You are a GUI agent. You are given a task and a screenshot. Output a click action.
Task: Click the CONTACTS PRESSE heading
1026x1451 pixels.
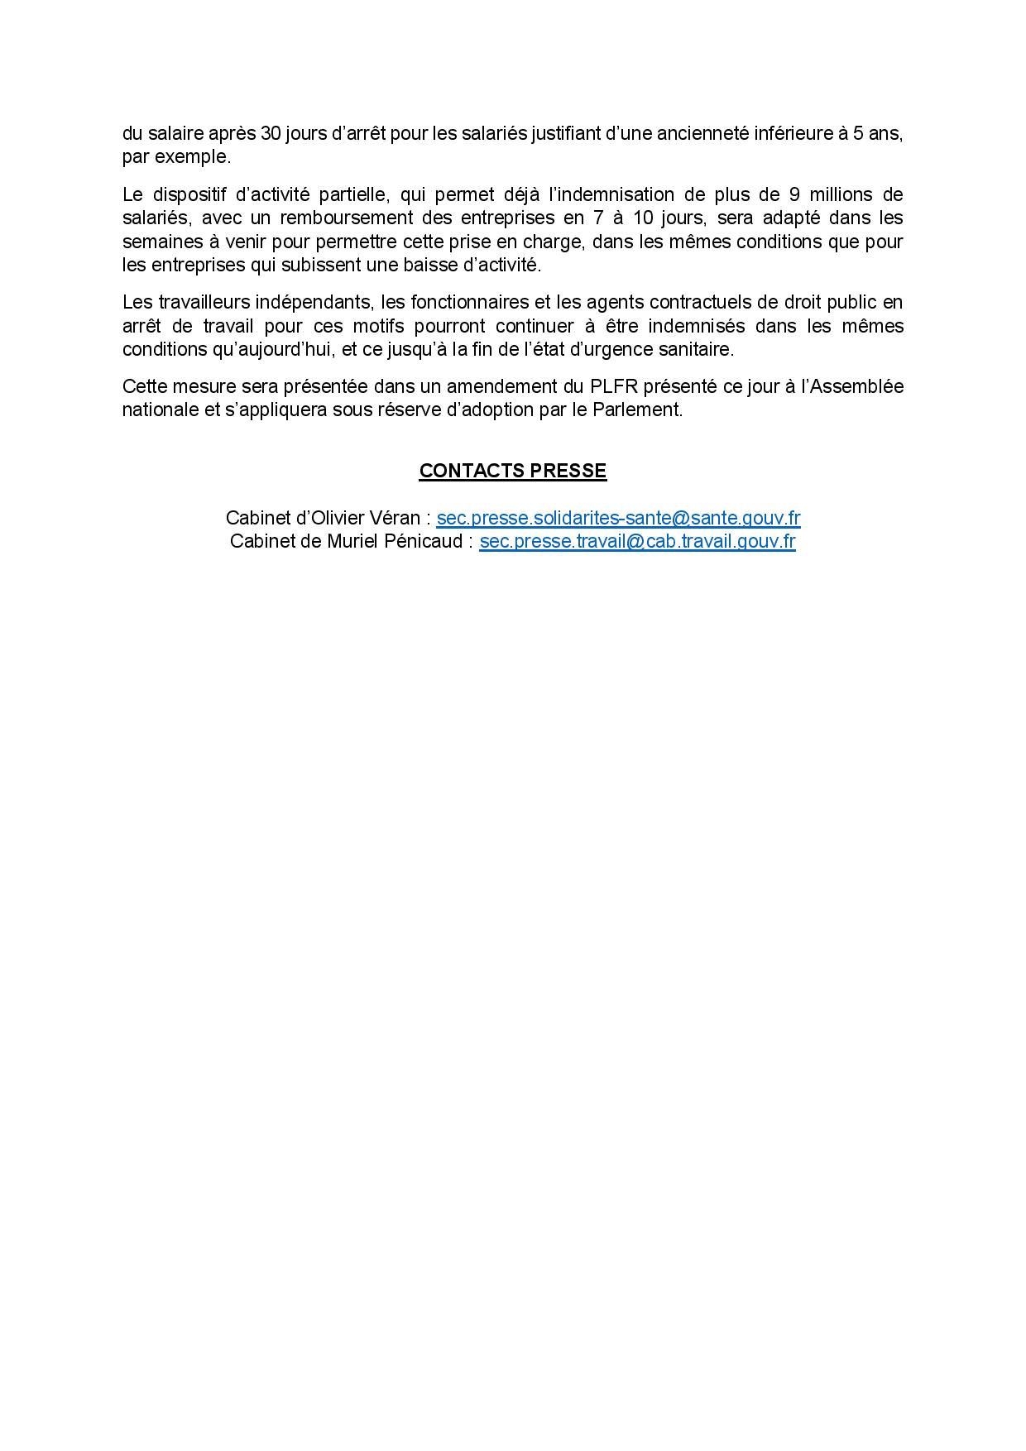tap(512, 471)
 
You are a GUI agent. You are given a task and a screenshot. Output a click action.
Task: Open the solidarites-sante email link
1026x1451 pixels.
tap(618, 518)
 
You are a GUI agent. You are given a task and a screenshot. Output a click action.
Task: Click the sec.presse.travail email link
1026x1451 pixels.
tap(637, 541)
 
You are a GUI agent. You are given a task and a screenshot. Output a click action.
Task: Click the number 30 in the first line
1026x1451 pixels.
tap(271, 133)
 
